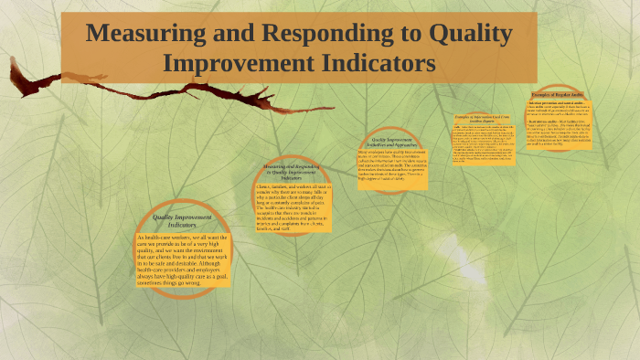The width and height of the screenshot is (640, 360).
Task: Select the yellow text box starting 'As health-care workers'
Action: tap(181, 260)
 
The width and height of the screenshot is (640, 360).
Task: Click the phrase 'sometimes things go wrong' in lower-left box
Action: tap(169, 283)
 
